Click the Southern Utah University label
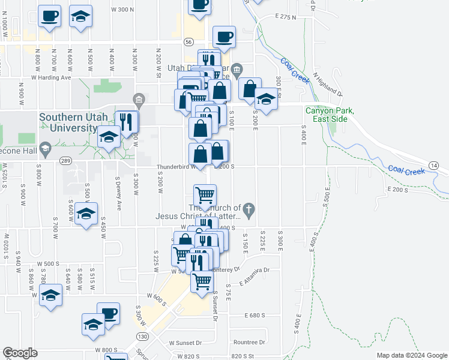67,122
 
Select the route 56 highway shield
188,42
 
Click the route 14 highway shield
443,164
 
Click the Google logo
20,353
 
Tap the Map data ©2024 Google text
412,355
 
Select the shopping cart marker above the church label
205,195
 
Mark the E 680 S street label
255,315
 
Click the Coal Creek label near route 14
406,170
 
